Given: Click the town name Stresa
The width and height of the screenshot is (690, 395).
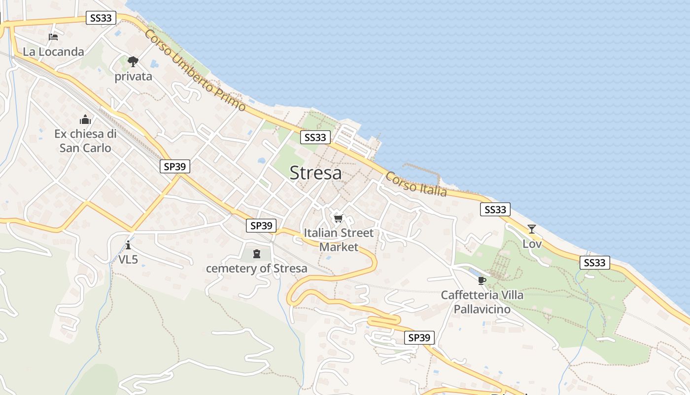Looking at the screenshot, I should point(315,173).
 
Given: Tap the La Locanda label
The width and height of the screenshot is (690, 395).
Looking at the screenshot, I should point(53,51).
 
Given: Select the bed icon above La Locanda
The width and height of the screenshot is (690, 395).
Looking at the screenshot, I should point(53,37).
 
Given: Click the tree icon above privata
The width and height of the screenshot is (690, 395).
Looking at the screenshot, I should point(133,62).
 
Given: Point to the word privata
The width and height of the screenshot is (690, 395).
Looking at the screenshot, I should point(133,77).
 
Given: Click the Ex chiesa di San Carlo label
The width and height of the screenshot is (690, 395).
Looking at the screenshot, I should point(85,141).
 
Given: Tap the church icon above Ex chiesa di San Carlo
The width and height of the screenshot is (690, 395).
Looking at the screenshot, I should point(85,120).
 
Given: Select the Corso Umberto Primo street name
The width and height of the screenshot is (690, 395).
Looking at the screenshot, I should point(195,70).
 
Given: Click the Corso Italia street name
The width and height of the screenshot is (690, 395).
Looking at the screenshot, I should point(416,184).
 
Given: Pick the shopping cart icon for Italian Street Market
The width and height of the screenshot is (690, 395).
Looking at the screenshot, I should point(338,218).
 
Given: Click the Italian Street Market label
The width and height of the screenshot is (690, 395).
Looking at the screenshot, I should point(339,239).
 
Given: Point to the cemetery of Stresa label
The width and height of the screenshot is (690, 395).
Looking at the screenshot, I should point(256,269).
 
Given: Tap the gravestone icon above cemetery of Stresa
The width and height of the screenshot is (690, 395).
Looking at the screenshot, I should point(256,254).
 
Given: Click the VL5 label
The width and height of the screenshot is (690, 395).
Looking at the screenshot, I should point(128,259).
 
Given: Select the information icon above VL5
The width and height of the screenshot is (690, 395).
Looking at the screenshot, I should point(128,245).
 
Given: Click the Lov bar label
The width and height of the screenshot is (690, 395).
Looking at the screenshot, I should point(532,244).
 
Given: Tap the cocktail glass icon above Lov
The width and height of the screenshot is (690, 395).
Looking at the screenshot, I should point(531,229).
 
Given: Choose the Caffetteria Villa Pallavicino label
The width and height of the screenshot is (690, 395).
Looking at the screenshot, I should point(482,302).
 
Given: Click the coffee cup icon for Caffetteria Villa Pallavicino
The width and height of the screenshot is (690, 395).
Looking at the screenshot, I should point(482,281).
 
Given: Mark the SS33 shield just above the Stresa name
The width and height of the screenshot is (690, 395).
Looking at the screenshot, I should point(315,137).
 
